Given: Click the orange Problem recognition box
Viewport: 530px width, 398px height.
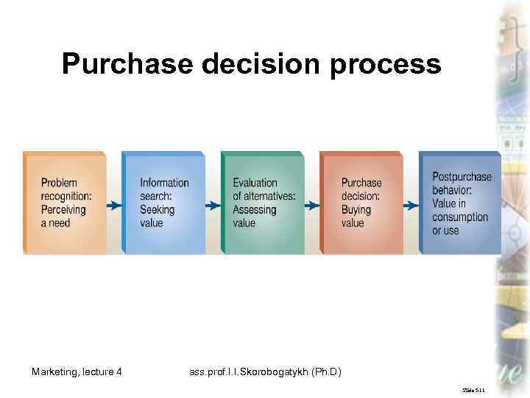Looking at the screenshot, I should click(x=65, y=203).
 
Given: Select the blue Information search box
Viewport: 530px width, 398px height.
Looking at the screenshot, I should click(x=163, y=203).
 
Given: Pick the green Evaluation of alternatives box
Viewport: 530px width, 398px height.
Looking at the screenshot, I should click(x=262, y=203).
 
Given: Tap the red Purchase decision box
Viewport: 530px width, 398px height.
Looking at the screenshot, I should click(x=361, y=203).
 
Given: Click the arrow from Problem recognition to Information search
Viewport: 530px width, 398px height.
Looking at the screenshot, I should click(x=114, y=205).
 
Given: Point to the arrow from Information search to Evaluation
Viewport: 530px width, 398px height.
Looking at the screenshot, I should click(x=213, y=205).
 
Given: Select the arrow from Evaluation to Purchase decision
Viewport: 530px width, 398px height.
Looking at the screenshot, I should click(x=312, y=205).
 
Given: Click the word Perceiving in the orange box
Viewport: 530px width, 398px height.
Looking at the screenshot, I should click(x=63, y=209).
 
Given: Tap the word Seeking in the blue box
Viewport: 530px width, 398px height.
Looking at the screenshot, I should click(x=158, y=209).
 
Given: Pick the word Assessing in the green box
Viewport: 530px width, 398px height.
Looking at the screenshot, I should click(x=255, y=209).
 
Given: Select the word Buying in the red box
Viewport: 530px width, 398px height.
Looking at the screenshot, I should click(x=356, y=209).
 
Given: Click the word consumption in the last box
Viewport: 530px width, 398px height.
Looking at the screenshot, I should click(x=460, y=217).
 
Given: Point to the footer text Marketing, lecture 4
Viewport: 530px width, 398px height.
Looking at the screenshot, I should click(x=77, y=371).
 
